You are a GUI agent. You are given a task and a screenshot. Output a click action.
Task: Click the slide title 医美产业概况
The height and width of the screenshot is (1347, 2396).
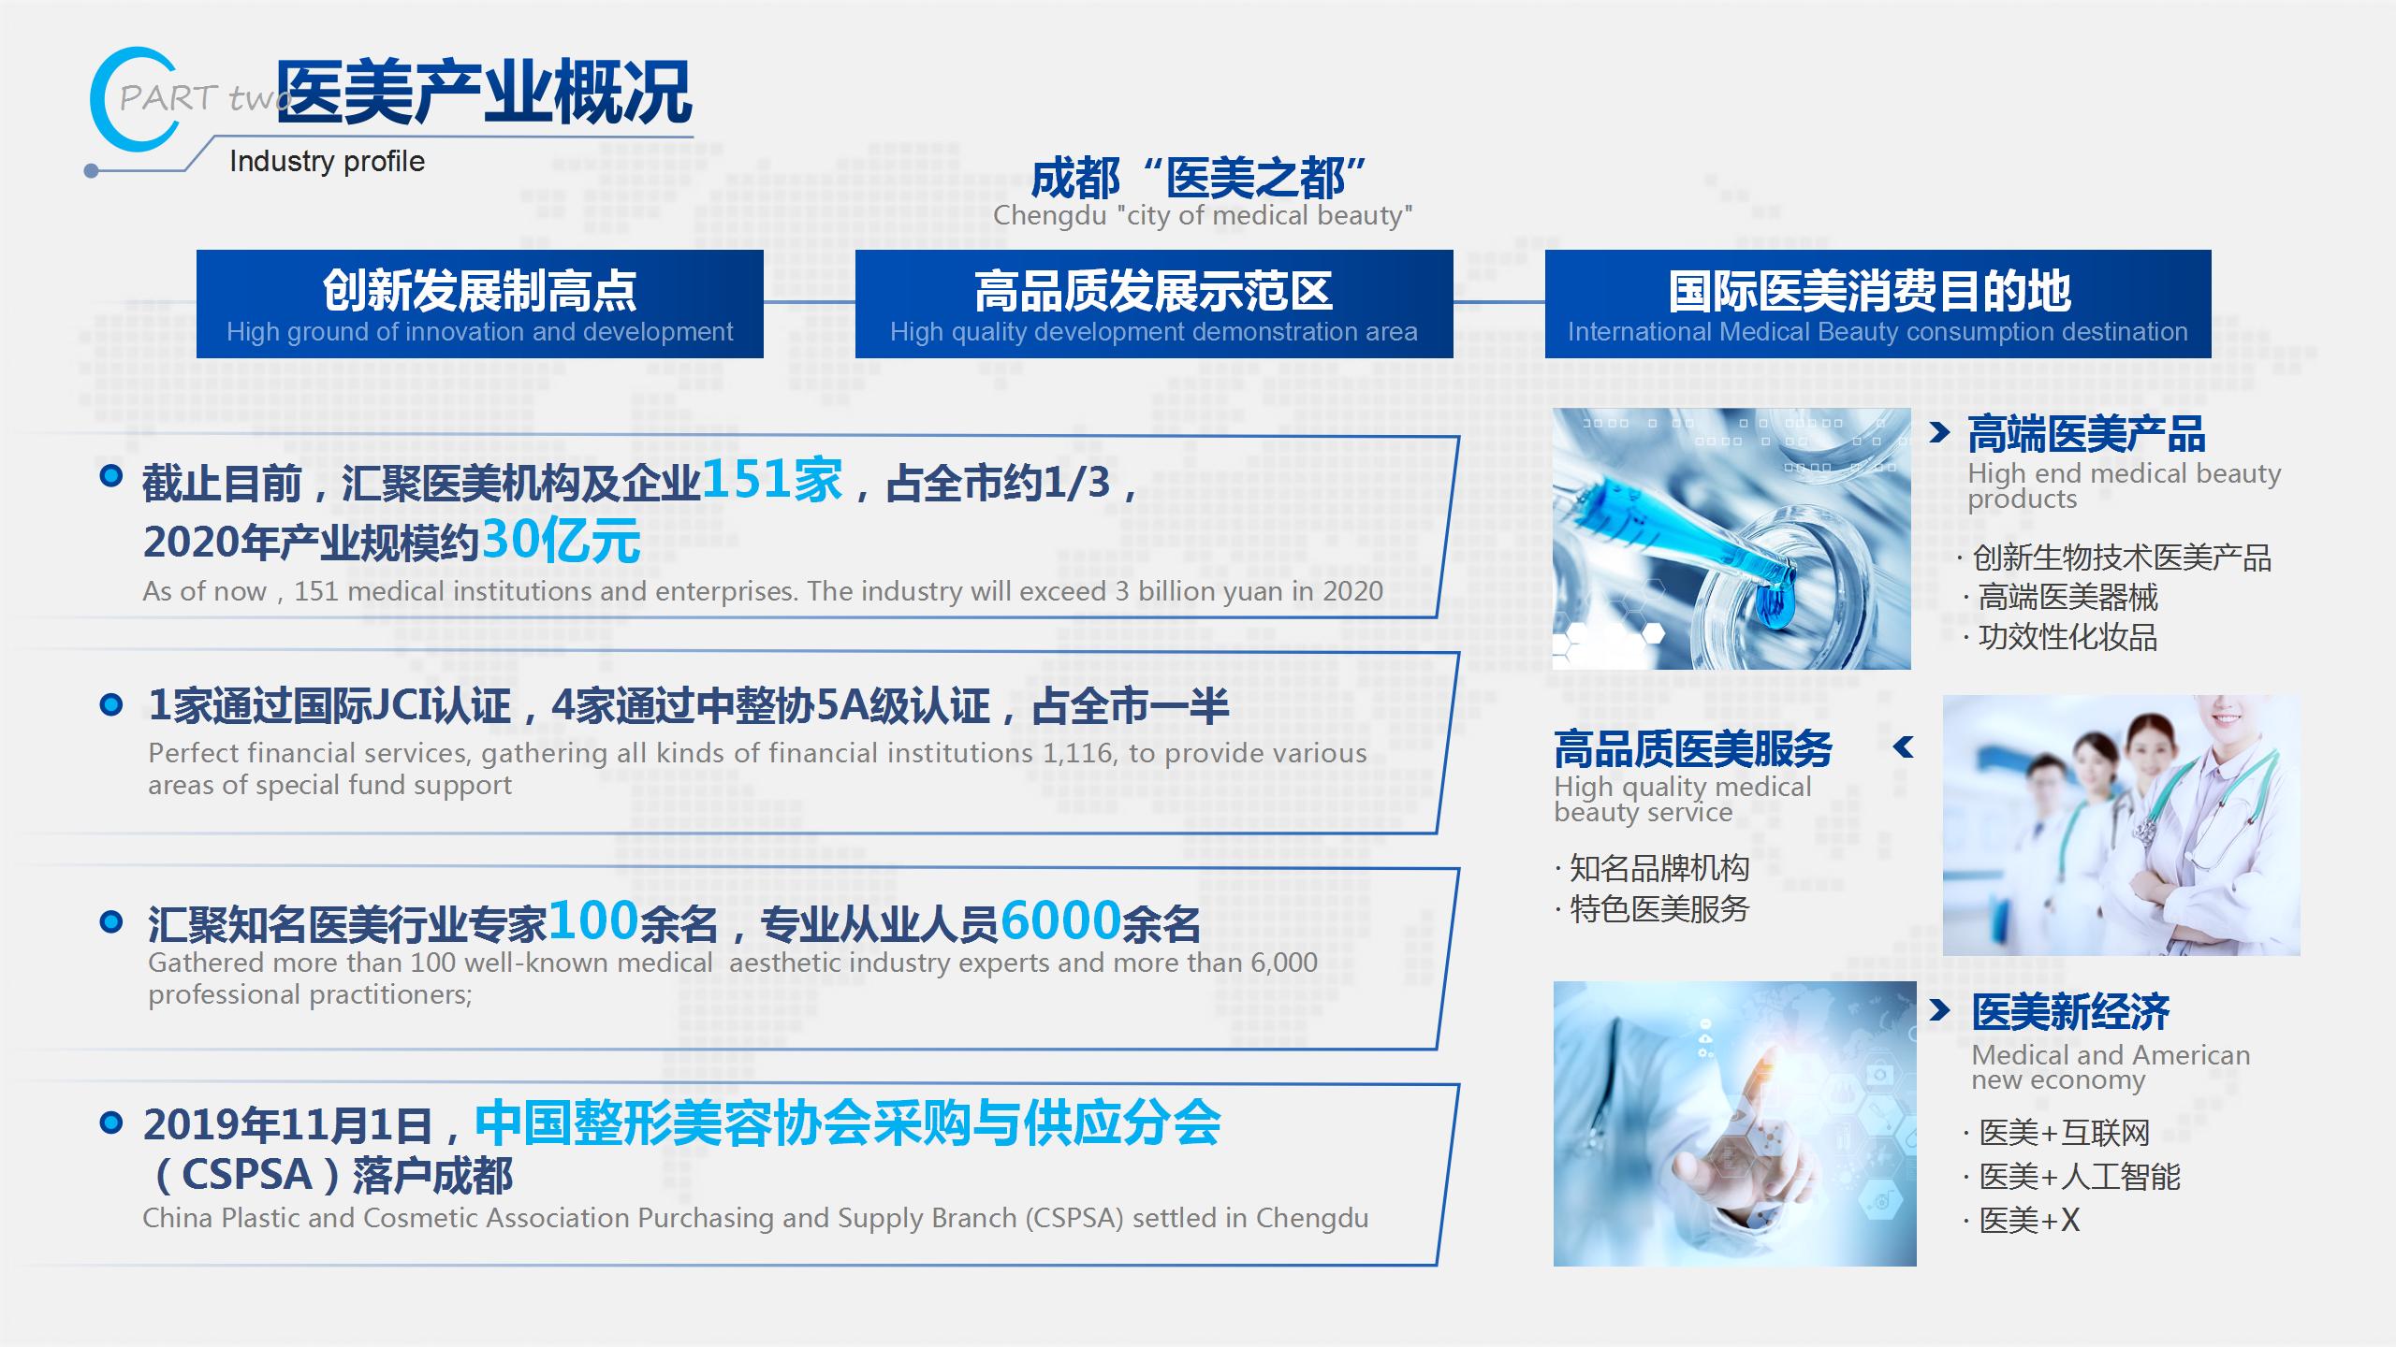(484, 92)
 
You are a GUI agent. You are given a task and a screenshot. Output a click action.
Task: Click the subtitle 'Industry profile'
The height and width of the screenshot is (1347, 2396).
(327, 161)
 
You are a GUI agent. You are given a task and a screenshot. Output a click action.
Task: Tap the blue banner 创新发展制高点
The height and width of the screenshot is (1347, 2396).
(480, 304)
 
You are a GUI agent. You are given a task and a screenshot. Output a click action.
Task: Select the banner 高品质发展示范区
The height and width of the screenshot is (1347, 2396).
(1154, 304)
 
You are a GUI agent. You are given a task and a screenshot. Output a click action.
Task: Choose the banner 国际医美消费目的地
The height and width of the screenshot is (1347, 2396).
(1877, 304)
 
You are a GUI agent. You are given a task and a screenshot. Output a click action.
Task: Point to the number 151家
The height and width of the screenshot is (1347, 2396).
(772, 480)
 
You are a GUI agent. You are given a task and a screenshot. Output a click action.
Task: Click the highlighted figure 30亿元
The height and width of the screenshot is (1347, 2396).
(562, 540)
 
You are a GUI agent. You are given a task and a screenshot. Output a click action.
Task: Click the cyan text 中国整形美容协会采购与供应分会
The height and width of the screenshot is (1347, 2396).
(848, 1122)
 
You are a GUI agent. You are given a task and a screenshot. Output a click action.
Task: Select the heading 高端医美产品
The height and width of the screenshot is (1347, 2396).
(2086, 434)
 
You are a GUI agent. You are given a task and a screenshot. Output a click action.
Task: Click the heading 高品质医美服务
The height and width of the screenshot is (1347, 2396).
(1693, 748)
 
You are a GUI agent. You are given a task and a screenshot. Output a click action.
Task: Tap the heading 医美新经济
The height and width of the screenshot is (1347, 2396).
(2070, 1012)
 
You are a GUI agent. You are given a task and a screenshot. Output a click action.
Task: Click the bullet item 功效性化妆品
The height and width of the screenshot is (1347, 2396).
(2067, 637)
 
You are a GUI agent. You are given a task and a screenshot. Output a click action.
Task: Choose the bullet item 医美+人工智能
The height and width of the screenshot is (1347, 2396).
(2080, 1177)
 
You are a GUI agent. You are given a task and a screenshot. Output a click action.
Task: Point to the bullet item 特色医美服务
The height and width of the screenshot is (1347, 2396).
(1659, 909)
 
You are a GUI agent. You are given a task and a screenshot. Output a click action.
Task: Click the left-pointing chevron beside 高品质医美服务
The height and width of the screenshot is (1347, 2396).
(1903, 746)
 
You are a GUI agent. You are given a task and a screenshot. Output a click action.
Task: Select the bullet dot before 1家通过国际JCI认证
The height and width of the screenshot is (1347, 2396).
(110, 704)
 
